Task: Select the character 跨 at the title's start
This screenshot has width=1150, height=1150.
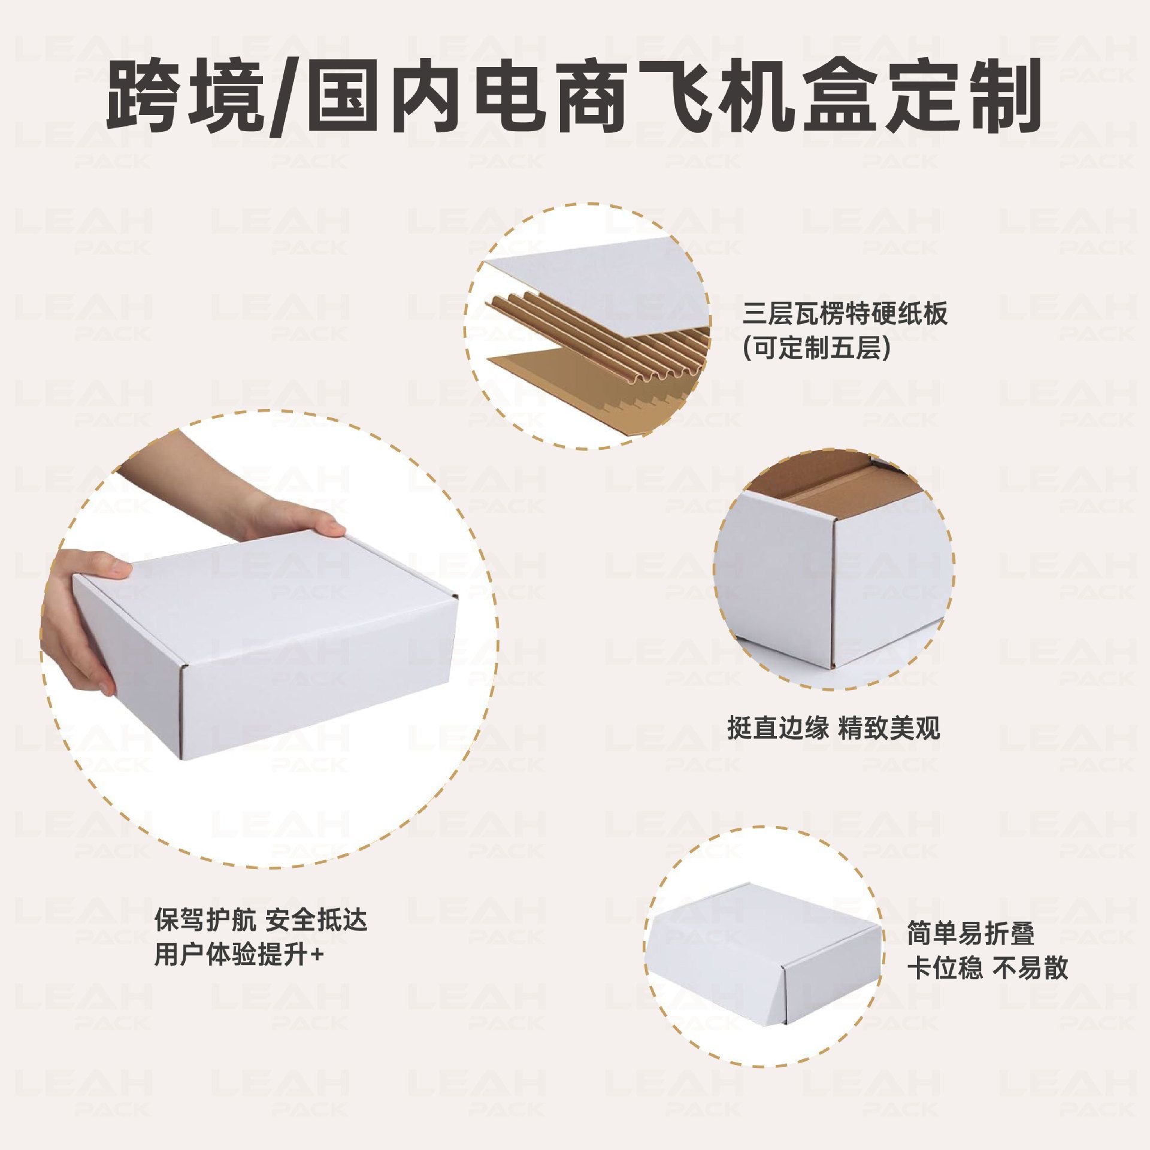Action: (144, 96)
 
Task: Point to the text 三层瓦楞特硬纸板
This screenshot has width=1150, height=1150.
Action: (845, 314)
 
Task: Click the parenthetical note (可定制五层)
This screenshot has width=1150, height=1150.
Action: (816, 348)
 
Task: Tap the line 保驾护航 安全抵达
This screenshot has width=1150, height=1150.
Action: (261, 937)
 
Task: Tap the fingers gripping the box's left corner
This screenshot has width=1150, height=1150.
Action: (84, 623)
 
